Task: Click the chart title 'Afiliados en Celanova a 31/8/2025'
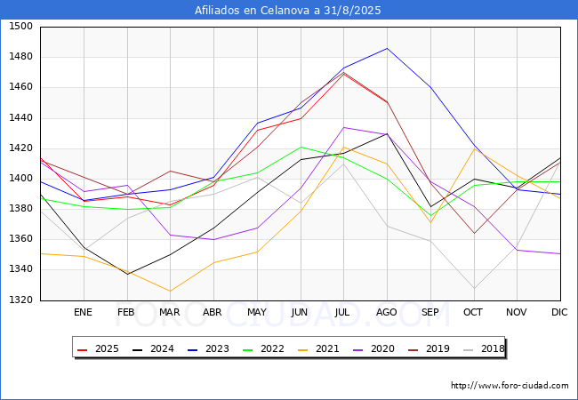pos(289,10)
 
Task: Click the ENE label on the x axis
pos(83,312)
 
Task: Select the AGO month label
pos(387,312)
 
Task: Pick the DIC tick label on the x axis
pos(559,312)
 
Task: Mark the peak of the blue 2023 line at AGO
pos(387,48)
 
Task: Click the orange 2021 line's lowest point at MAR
pos(170,292)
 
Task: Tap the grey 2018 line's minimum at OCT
pos(473,288)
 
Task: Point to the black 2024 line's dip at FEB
pos(126,274)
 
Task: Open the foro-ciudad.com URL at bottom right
pos(510,386)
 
